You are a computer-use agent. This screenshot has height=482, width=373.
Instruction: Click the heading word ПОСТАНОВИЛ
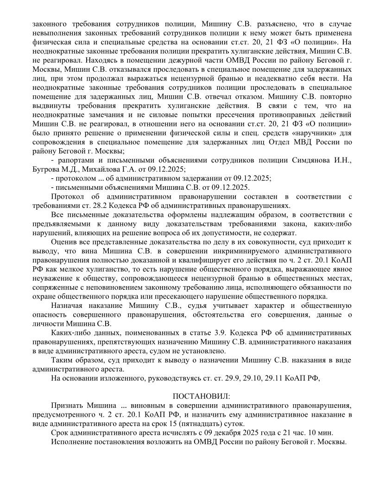pos(201,396)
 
